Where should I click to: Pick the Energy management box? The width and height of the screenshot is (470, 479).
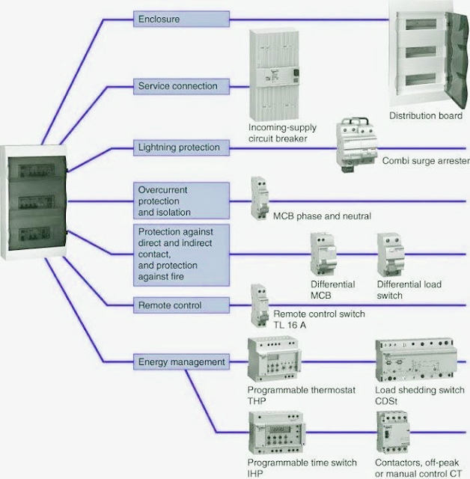181,362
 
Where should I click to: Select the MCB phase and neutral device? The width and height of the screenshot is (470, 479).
260,198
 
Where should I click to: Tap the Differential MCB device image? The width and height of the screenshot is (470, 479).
326,255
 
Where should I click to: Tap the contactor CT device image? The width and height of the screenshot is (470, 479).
391,432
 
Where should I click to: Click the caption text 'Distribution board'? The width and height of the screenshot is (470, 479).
425,115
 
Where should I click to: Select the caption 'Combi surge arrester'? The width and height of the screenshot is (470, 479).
425,161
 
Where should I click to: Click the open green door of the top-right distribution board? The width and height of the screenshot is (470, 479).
457,56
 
